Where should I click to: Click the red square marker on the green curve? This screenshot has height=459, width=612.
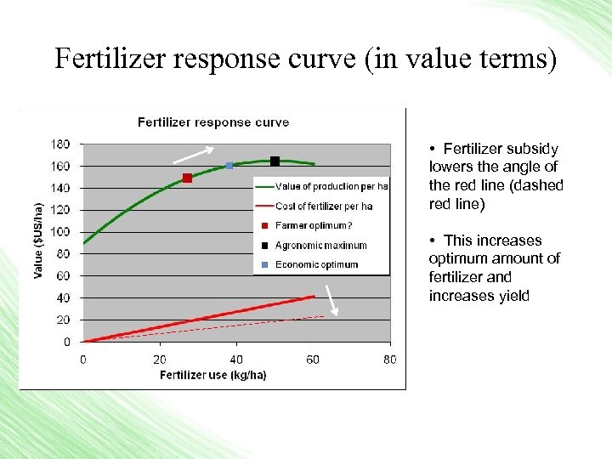point(187,178)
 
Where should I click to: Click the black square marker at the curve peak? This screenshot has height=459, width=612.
point(275,161)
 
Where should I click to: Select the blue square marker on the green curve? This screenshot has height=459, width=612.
point(229,165)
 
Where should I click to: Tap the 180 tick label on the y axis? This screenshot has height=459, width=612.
point(60,143)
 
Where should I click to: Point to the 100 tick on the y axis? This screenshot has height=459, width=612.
point(60,231)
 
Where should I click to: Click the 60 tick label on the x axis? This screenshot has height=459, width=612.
point(313,360)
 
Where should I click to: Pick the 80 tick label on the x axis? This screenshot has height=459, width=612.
point(390,360)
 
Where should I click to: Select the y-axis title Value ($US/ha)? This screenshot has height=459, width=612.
point(37,241)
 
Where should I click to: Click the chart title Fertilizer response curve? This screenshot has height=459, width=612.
point(213,122)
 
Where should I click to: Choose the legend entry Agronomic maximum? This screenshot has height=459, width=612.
point(320,246)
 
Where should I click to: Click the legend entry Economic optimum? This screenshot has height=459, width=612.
point(316,264)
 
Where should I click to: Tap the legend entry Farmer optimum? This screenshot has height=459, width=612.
point(313,225)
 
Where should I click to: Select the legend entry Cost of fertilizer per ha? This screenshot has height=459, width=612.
point(323,206)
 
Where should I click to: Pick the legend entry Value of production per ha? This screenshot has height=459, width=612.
point(331,186)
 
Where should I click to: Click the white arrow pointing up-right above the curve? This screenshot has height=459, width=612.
point(193,154)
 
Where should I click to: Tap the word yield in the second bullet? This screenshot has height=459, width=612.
point(512,296)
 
